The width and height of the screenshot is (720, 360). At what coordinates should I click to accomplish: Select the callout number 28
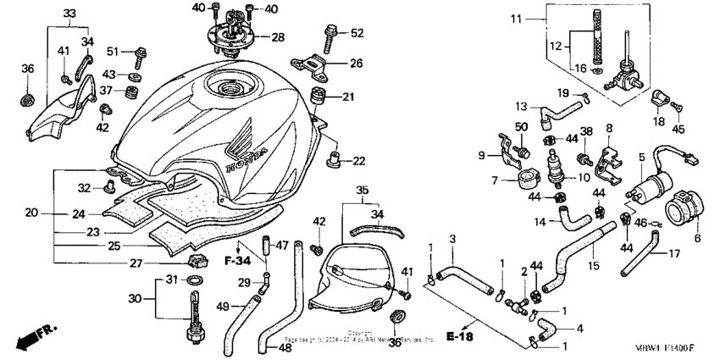point(278,37)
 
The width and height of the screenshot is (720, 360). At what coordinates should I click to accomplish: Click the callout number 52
point(356,33)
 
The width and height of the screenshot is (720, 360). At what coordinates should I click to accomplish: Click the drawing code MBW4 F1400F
point(667,347)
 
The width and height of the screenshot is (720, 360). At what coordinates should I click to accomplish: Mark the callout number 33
point(69,14)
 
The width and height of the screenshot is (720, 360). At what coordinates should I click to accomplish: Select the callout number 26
point(356,63)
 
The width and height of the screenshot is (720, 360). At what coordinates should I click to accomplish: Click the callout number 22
point(359,161)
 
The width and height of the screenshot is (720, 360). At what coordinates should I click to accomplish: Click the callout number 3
point(452,239)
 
